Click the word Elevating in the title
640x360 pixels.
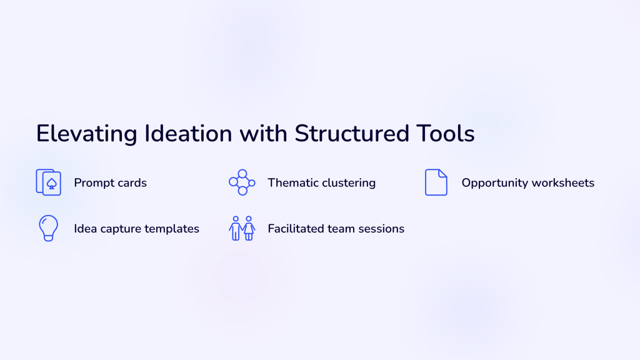tap(86, 134)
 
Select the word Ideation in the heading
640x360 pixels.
tap(188, 134)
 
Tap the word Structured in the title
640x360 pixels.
tap(352, 134)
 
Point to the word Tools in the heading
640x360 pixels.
tap(445, 134)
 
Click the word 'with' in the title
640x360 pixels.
tap(263, 134)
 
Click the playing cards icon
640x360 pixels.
tap(49, 182)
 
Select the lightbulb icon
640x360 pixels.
tap(49, 228)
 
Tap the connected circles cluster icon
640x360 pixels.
tap(242, 182)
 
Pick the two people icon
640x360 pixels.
tap(242, 228)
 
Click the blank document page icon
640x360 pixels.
tap(436, 182)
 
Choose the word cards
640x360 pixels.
tap(132, 183)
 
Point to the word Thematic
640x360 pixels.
tap(294, 183)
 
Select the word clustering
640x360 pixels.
tap(349, 183)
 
